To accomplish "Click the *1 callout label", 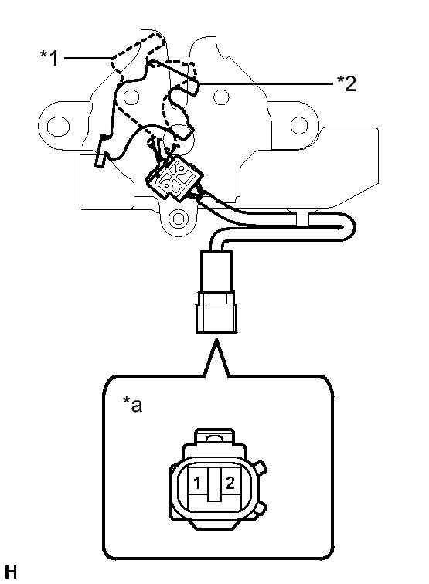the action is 49,58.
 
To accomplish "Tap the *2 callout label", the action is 346,83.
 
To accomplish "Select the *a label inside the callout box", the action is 133,405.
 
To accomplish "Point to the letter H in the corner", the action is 11,572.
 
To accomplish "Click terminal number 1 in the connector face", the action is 197,483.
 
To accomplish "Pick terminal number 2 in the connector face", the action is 230,483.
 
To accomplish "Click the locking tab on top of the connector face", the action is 215,436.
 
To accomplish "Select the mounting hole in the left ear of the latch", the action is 58,126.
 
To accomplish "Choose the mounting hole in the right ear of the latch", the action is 298,125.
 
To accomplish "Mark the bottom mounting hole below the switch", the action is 178,219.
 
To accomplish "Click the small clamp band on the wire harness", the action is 302,219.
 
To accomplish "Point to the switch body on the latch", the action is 175,178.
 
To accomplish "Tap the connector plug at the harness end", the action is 216,292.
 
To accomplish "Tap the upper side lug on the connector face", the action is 260,467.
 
